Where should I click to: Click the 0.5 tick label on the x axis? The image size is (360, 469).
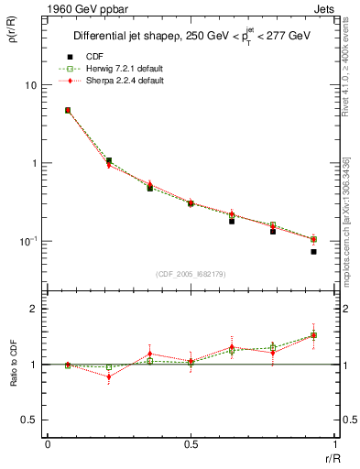click(x=191, y=443)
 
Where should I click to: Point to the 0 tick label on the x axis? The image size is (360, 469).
click(x=48, y=443)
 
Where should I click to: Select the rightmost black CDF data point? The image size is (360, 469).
click(x=313, y=251)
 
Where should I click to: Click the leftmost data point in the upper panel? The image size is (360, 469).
click(x=68, y=110)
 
